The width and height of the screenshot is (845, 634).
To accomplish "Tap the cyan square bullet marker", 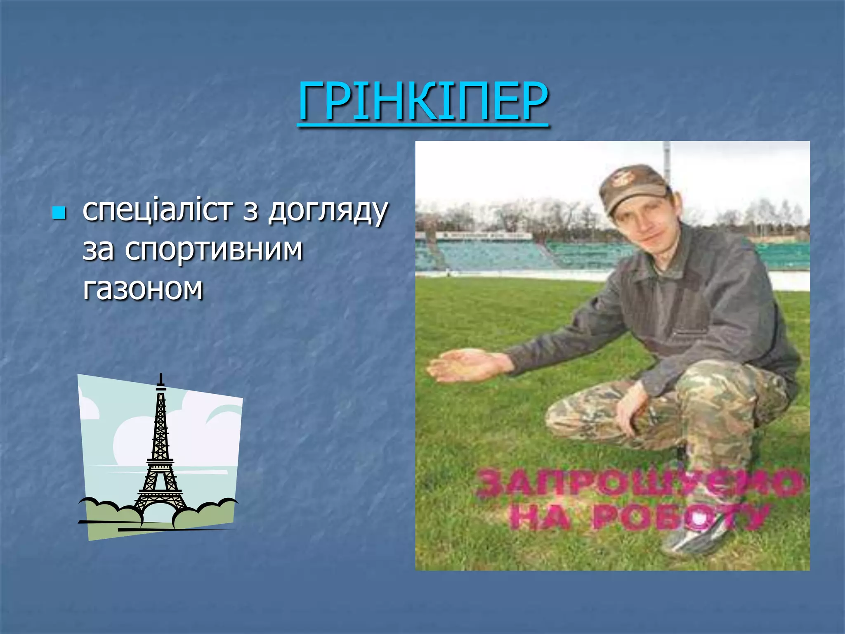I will point(59,213).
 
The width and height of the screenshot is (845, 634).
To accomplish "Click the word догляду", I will point(328,211).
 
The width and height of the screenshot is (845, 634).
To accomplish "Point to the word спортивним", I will point(214,250).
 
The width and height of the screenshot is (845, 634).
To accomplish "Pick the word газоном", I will point(143,288).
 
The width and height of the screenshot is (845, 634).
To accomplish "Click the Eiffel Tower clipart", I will point(160,454).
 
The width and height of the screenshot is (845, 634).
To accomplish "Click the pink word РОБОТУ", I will point(681,517).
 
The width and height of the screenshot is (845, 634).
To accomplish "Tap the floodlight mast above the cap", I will point(666,159).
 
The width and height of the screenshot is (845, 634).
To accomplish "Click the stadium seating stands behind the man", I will point(495,254).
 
